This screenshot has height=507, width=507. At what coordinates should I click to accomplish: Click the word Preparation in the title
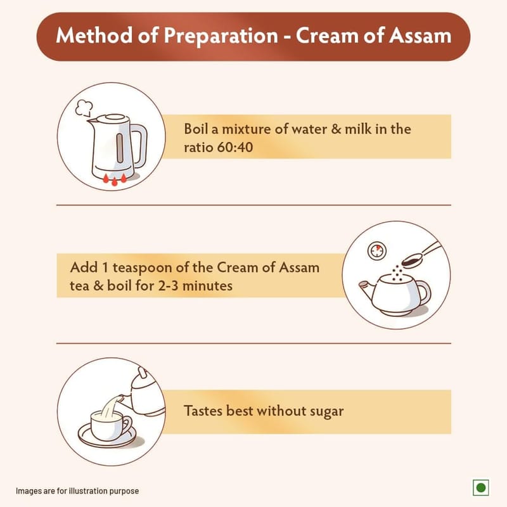point(221,36)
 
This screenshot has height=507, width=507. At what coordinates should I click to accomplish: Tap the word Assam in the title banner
point(420,35)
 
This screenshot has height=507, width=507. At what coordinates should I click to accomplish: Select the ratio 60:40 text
point(218,148)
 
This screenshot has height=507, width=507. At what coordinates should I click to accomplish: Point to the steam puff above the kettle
point(84,108)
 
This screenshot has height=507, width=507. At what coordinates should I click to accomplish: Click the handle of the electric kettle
point(139,146)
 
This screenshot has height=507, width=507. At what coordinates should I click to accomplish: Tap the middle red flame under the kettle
point(115,181)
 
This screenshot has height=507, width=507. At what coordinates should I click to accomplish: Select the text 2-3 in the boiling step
point(168,286)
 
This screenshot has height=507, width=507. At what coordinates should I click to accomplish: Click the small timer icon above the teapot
point(377,250)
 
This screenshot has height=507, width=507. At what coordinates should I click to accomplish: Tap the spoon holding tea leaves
point(420,255)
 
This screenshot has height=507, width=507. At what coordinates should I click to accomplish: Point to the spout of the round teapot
point(367,288)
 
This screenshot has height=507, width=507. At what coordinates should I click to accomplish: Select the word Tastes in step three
point(203,411)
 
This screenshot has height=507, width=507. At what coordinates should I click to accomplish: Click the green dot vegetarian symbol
point(481,487)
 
